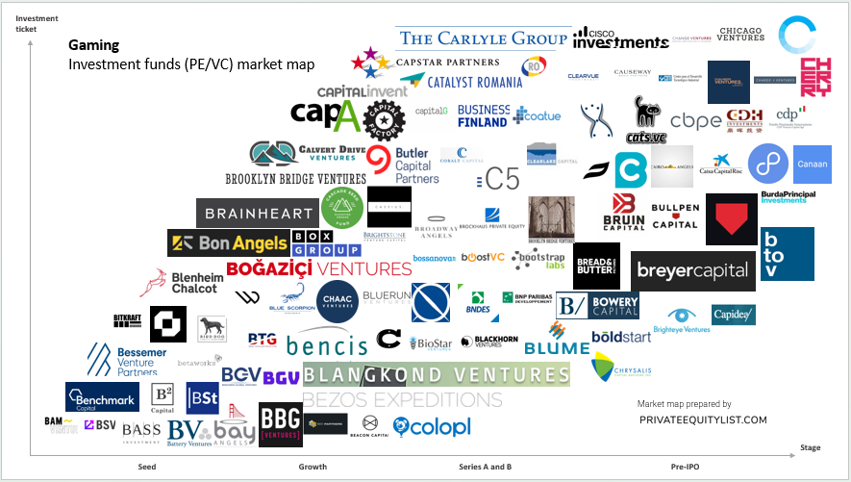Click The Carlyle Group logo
coord(483,38)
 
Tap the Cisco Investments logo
coord(619,38)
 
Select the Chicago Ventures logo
coord(741,33)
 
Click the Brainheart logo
coord(256,214)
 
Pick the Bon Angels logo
coord(229,243)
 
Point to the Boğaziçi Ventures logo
coord(318,268)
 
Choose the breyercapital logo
coord(692,270)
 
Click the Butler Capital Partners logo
coord(402,165)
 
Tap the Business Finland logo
coord(483,116)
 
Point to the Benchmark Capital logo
coord(103,396)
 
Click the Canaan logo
coord(812,165)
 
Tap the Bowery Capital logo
coord(597,307)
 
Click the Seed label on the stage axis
coord(147,467)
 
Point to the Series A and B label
coord(485,467)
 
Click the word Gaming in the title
coord(94,45)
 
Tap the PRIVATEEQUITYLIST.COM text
coord(703,419)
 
